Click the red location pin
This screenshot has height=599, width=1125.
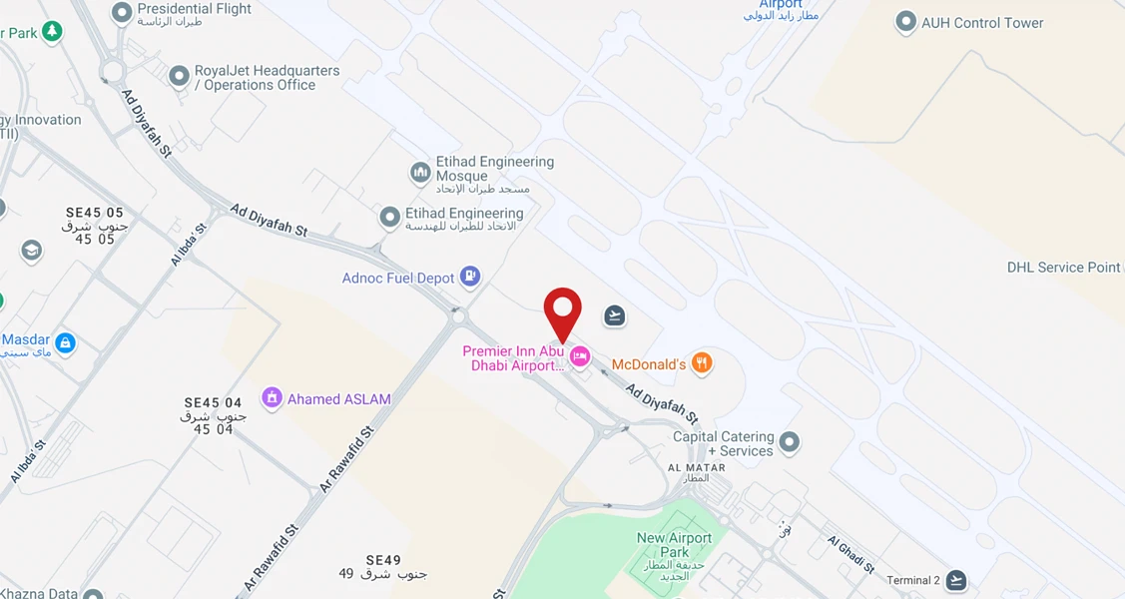point(563,312)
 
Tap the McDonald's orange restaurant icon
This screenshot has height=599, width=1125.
point(702,363)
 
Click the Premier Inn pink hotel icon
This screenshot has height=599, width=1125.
point(579,357)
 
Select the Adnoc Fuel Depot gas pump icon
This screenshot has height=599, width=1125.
point(470,277)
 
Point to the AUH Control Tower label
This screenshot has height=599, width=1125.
point(981,23)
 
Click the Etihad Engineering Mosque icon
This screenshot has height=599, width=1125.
point(420,173)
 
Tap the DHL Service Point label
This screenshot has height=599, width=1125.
point(1063,268)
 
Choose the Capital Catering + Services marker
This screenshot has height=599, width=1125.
point(790,442)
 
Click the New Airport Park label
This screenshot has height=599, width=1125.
point(675,545)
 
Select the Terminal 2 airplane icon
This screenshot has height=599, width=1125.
point(956,580)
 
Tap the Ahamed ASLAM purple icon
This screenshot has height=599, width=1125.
point(272,398)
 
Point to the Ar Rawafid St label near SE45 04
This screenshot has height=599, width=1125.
point(346,459)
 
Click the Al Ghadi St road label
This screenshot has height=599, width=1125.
point(850,555)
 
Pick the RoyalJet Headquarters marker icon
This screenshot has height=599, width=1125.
point(179,75)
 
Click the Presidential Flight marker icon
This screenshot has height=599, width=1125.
point(122,13)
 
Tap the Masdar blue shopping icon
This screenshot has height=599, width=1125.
point(65,343)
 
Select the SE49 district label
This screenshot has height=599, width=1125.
point(383,560)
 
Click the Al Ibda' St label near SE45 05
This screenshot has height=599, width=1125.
point(188,244)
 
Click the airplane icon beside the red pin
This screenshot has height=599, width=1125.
point(615,316)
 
